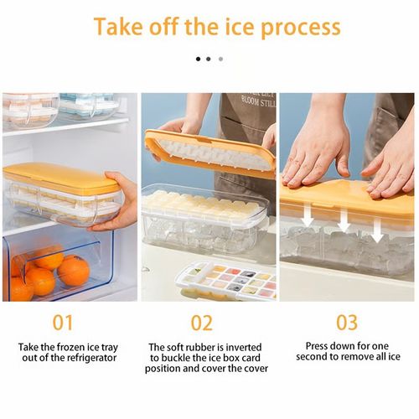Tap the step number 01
(x=64, y=323)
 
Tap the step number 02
(x=202, y=323)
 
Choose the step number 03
(x=347, y=323)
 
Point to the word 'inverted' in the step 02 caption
(x=245, y=347)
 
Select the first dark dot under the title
(x=199, y=59)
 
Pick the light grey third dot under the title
(x=220, y=59)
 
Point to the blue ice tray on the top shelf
(x=89, y=105)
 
